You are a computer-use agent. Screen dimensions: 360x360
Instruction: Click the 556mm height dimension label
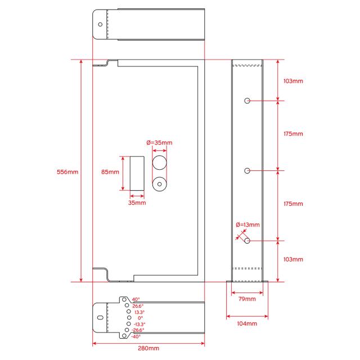(67, 172)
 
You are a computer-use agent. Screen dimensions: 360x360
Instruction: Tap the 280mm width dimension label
(148, 349)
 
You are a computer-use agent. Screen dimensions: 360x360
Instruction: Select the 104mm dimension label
(247, 323)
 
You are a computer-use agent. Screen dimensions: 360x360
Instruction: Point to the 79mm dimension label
(247, 299)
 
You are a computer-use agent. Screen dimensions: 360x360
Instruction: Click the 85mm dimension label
(110, 172)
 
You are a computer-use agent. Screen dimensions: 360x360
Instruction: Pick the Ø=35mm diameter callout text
(159, 143)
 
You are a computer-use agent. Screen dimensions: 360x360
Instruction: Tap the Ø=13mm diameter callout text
(247, 224)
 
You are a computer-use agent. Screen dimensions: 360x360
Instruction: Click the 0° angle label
(140, 318)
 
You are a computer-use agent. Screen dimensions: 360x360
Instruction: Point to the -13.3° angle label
(139, 324)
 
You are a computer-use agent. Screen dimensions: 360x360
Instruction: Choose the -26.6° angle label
(138, 330)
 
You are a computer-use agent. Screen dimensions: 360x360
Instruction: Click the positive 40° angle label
(136, 300)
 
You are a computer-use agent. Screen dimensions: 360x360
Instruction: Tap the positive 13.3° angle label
(139, 312)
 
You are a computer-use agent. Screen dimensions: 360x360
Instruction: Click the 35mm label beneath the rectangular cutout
(137, 202)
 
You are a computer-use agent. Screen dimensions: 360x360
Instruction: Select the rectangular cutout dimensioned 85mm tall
(137, 173)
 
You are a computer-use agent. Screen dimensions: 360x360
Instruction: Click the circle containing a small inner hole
(160, 183)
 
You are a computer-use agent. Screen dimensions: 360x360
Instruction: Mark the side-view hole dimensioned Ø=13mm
(247, 241)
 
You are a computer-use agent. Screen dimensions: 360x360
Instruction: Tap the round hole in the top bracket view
(101, 24)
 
